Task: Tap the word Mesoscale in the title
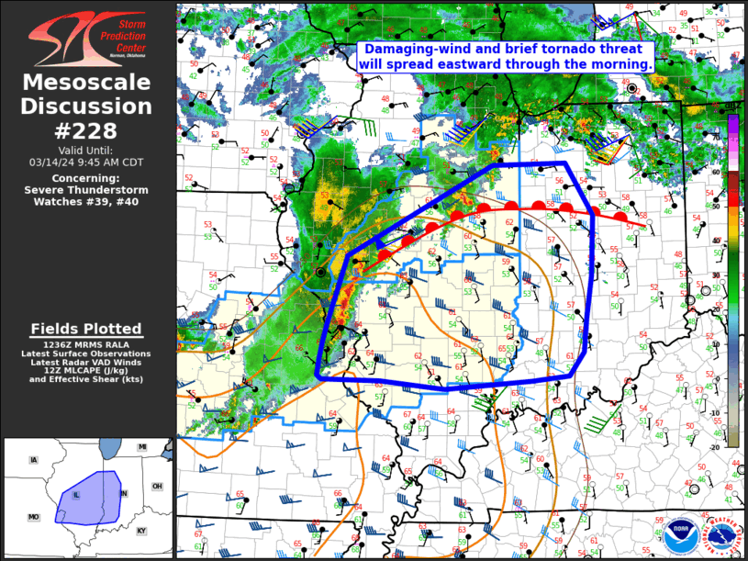[87, 84]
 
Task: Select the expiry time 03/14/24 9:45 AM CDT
[87, 162]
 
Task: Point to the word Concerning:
[87, 178]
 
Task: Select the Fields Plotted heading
[87, 329]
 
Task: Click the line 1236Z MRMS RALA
[87, 343]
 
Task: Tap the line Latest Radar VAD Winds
[87, 361]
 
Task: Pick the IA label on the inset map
[34, 459]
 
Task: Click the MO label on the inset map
[34, 517]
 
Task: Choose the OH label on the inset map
[157, 486]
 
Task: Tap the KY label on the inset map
[141, 531]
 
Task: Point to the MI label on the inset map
[142, 447]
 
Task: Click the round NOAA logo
[678, 533]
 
